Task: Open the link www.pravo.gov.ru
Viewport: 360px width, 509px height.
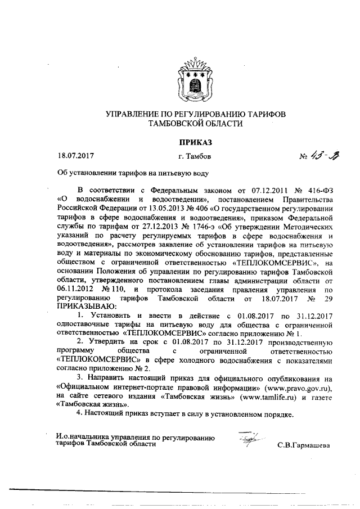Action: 300,388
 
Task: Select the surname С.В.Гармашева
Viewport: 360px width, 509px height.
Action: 304,446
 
